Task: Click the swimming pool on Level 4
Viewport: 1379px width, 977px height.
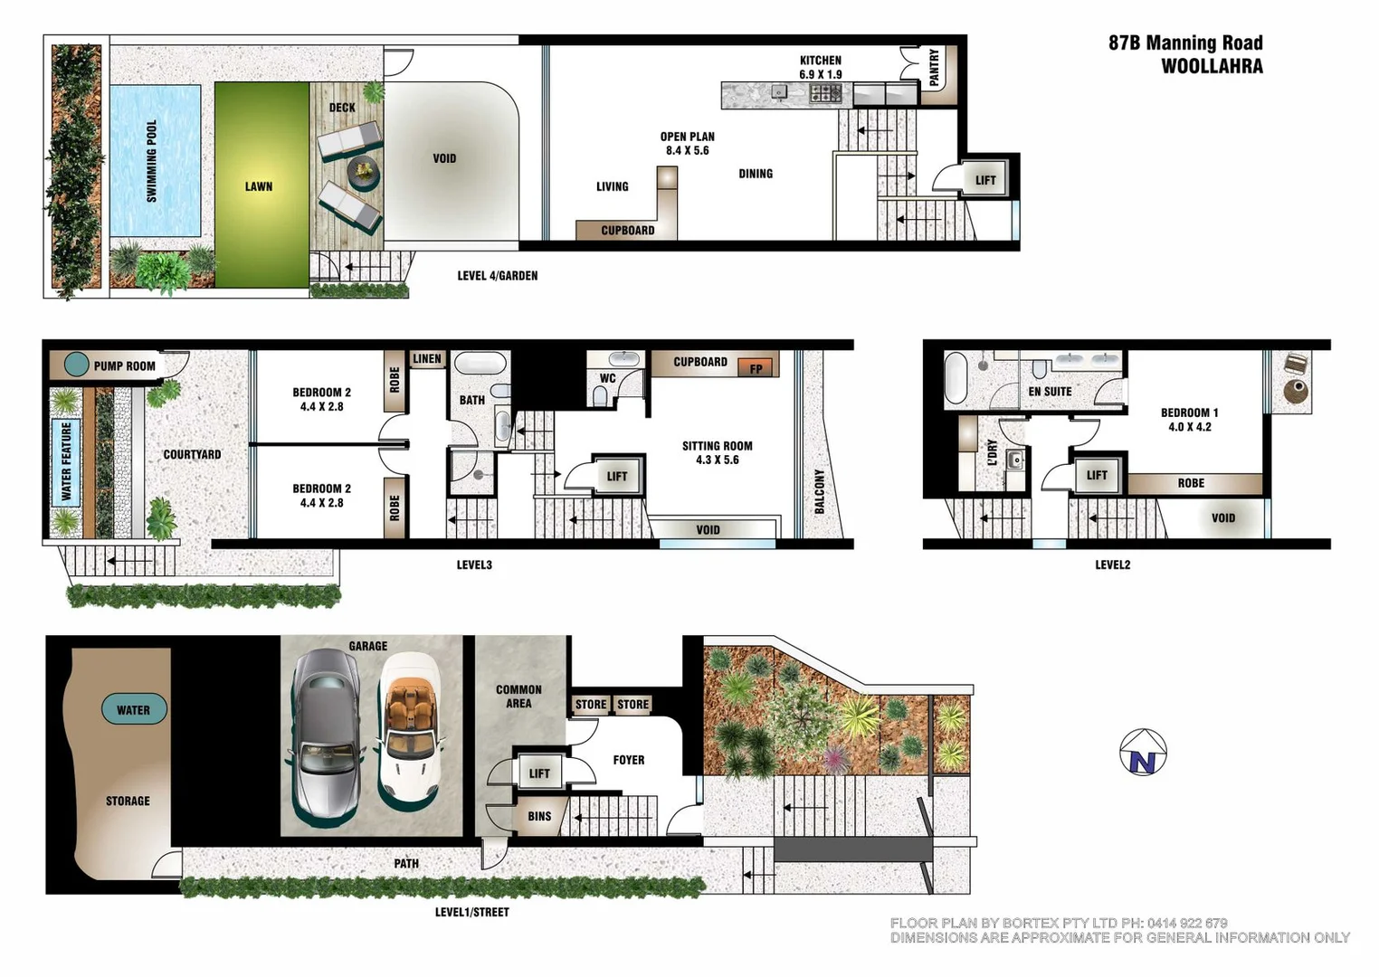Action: point(155,161)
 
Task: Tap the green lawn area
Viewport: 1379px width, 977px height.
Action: point(261,185)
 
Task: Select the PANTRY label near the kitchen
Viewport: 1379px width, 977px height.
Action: point(934,67)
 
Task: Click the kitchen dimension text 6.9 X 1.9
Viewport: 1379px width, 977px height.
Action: point(820,74)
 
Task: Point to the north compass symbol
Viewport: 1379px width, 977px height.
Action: point(1143,753)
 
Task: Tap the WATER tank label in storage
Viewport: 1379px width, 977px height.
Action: point(133,710)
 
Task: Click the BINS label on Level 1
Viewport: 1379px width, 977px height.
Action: point(539,816)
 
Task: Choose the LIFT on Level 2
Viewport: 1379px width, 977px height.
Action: point(1097,475)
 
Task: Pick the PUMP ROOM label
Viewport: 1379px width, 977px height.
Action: point(124,366)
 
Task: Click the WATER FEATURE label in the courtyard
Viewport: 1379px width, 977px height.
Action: point(66,461)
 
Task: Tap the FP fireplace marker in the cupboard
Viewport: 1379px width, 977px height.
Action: point(756,368)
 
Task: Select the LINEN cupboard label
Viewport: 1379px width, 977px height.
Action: point(427,359)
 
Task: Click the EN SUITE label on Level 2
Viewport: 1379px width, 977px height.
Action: point(1050,392)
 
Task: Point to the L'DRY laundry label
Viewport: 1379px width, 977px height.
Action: point(992,452)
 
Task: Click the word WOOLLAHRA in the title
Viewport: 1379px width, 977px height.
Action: point(1212,66)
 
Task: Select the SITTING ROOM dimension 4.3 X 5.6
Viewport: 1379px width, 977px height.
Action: point(718,460)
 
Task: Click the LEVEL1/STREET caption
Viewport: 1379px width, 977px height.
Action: point(471,912)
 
